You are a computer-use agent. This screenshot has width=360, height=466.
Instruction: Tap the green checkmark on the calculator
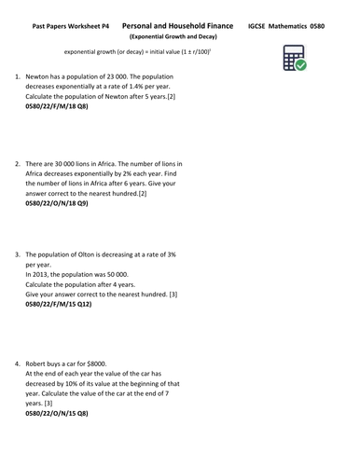tap(301, 70)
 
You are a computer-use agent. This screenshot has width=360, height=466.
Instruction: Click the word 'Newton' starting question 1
tap(40, 81)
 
